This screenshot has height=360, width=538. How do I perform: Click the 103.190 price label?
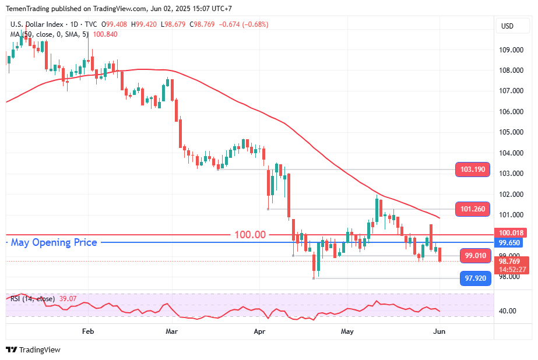point(473,170)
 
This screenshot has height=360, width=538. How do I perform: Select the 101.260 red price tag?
point(473,209)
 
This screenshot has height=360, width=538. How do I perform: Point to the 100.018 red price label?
point(511,233)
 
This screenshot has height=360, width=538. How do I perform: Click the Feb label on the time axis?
point(88,331)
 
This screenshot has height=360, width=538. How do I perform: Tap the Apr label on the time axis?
point(260,331)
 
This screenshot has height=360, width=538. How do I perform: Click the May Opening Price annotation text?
point(54,242)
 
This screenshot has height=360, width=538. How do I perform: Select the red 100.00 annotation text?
point(250,235)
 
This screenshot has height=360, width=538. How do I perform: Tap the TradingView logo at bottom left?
point(33,350)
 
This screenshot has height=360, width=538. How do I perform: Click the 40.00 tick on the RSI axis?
point(508,311)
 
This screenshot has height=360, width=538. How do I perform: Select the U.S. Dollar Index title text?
point(37,24)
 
